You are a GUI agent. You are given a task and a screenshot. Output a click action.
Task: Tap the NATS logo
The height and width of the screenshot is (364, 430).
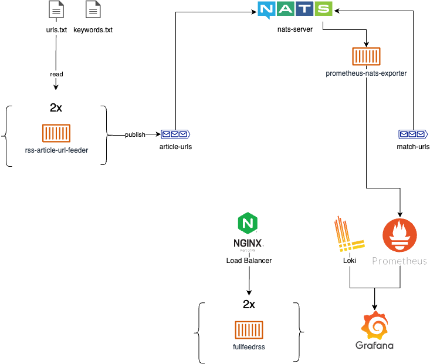pyautogui.click(x=295, y=10)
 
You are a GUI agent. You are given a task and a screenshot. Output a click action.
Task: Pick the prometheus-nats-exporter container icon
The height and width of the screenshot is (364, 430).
pyautogui.click(x=366, y=57)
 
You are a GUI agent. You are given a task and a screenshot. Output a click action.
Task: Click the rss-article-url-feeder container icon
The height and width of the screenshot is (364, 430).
pyautogui.click(x=56, y=133)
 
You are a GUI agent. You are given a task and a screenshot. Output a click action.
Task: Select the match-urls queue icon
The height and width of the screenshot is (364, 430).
pyautogui.click(x=413, y=134)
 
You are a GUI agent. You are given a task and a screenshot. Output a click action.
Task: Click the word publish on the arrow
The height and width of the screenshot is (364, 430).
pyautogui.click(x=135, y=134)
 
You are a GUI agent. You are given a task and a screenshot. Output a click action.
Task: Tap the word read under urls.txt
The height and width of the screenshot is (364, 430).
pyautogui.click(x=56, y=75)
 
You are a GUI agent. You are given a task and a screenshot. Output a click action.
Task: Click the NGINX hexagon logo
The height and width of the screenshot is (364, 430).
pyautogui.click(x=248, y=224)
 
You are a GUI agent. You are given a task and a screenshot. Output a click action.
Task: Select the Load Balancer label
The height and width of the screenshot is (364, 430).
pyautogui.click(x=249, y=260)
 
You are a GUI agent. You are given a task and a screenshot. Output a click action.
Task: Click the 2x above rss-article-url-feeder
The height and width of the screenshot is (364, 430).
pyautogui.click(x=56, y=108)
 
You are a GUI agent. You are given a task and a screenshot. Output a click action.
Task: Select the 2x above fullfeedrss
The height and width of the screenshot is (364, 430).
pyautogui.click(x=249, y=305)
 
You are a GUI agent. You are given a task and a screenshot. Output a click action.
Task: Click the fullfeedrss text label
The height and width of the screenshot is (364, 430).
pyautogui.click(x=249, y=347)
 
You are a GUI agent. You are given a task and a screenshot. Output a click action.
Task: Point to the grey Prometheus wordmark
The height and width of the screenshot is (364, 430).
pyautogui.click(x=399, y=261)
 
